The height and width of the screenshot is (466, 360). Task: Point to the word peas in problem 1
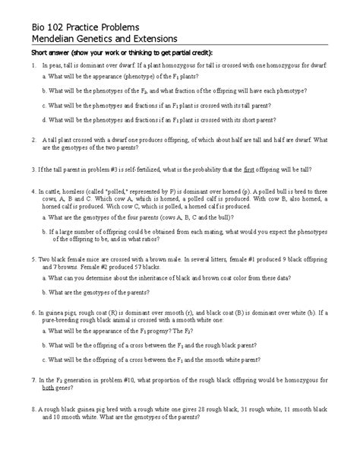55,68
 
